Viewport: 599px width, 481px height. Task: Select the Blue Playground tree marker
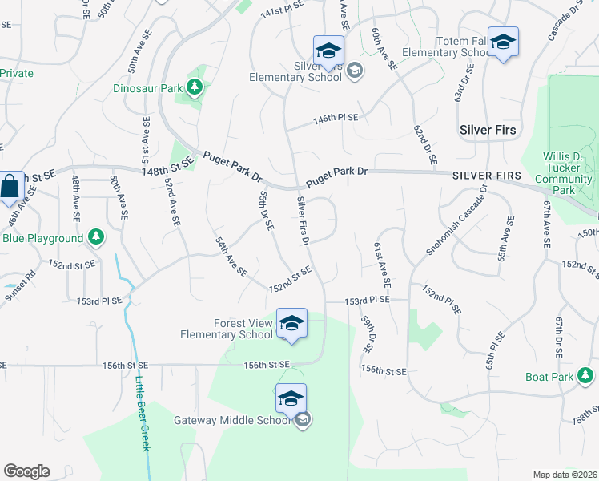click(x=95, y=237)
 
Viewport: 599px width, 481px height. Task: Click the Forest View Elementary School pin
click(x=291, y=325)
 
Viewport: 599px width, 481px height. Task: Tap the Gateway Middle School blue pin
click(x=291, y=399)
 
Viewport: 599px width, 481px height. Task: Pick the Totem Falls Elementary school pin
click(x=503, y=42)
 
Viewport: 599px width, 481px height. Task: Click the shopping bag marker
click(x=10, y=188)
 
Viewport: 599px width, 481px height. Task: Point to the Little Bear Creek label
click(x=143, y=413)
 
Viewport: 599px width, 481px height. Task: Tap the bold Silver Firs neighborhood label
click(x=487, y=130)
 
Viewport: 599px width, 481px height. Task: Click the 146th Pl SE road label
click(x=336, y=119)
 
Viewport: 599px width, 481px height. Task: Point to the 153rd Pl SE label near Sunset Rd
click(x=99, y=301)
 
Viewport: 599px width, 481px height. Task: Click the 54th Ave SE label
click(x=231, y=257)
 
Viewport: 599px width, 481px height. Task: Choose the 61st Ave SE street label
click(x=381, y=265)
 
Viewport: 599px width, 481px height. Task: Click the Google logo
click(x=26, y=471)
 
